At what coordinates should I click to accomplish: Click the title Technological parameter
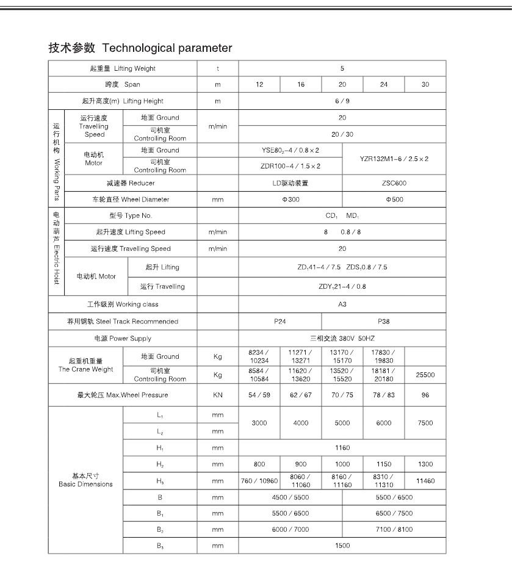[x=140, y=48]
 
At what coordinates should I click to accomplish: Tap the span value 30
[x=425, y=85]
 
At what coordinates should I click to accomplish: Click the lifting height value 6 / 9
[x=342, y=101]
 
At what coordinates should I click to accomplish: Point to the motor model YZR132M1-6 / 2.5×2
[x=394, y=159]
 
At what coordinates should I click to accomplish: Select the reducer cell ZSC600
[x=394, y=183]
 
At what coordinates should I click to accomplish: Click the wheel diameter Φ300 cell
[x=290, y=199]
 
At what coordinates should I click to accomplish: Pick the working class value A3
[x=342, y=305]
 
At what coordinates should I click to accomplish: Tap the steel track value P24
[x=280, y=321]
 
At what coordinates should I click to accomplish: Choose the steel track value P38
[x=383, y=321]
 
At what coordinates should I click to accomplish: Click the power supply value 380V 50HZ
[x=342, y=338]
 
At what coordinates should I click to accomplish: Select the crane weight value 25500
[x=425, y=375]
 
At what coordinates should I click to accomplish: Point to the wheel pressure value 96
[x=425, y=395]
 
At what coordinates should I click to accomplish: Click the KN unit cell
[x=217, y=395]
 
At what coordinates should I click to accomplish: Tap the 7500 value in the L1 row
[x=425, y=422]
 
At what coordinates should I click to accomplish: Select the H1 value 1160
[x=342, y=447]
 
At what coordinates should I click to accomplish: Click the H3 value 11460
[x=425, y=481]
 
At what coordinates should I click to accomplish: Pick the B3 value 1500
[x=342, y=546]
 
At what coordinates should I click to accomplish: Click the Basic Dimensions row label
[x=85, y=480]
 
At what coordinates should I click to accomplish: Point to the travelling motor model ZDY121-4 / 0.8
[x=342, y=286]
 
